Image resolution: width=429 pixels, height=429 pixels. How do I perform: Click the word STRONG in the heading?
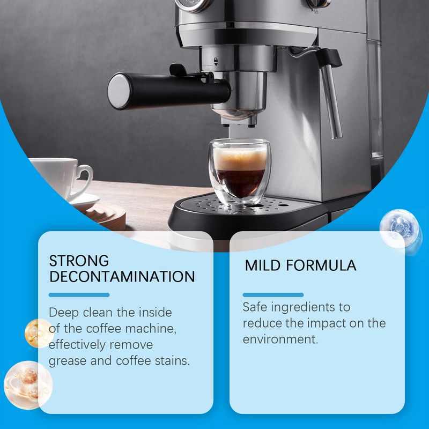pos(79,261)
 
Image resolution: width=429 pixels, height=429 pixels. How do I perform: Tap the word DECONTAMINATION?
pos(122,277)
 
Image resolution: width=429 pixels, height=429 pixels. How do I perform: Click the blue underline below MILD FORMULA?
pos(273,294)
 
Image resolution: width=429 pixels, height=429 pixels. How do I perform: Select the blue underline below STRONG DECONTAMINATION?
pos(79,294)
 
